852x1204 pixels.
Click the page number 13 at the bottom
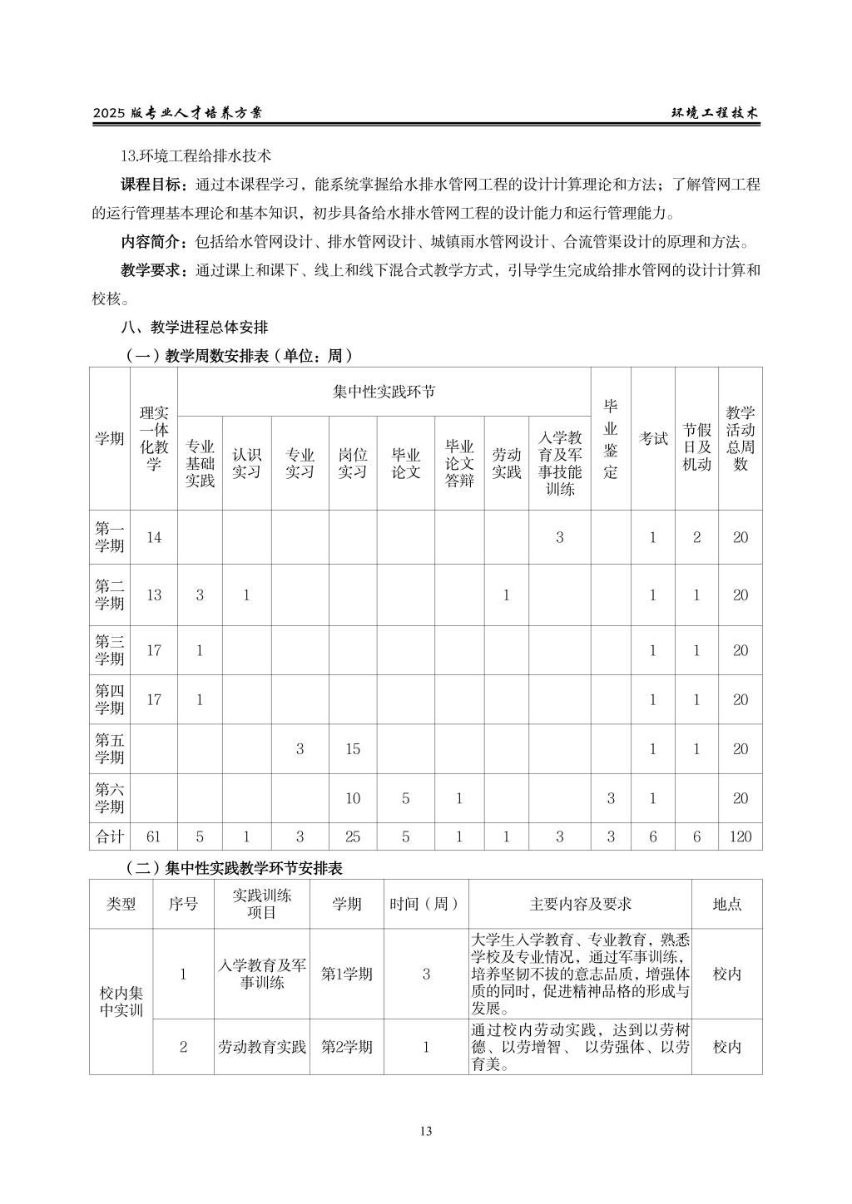click(x=426, y=1130)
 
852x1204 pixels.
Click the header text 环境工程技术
click(x=715, y=114)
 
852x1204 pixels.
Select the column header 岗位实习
click(x=352, y=463)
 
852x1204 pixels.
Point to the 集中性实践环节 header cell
click(x=384, y=392)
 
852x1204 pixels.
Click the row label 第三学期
click(x=109, y=650)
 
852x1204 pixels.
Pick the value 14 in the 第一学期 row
click(x=154, y=537)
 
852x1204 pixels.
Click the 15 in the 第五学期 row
click(x=352, y=748)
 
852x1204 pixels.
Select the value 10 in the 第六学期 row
click(x=352, y=798)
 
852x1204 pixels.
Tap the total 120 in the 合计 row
click(x=740, y=836)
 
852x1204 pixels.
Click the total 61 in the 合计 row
click(x=154, y=836)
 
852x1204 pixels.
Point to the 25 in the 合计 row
click(x=352, y=836)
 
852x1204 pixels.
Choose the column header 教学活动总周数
click(x=740, y=438)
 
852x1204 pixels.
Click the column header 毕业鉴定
click(x=611, y=438)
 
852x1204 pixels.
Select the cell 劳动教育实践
click(x=262, y=1047)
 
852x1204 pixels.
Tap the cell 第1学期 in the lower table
click(x=347, y=974)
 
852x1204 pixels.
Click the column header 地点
click(x=726, y=904)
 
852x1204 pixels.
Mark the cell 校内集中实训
click(x=121, y=1001)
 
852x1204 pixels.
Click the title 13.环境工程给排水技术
click(x=196, y=155)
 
